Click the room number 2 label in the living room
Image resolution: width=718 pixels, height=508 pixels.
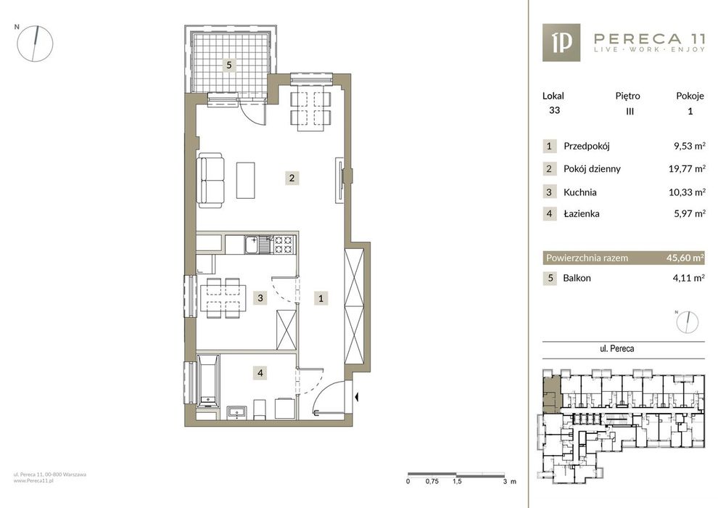click(x=292, y=178)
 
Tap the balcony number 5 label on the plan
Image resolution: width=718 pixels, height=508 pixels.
click(x=229, y=65)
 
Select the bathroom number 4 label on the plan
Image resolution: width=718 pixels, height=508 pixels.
click(x=260, y=373)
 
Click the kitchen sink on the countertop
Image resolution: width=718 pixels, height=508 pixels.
click(x=252, y=245)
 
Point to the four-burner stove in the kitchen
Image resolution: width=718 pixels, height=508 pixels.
click(x=284, y=245)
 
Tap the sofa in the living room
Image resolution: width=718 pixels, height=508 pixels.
click(x=210, y=181)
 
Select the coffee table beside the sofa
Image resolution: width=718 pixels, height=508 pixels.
click(x=245, y=180)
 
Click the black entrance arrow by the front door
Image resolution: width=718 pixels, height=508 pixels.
click(x=356, y=397)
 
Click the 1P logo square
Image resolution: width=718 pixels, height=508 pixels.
click(x=561, y=43)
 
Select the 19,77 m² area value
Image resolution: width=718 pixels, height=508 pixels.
click(x=686, y=168)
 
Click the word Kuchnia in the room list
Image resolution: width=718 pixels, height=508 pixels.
click(x=579, y=192)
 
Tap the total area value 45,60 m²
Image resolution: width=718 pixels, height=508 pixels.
click(x=685, y=258)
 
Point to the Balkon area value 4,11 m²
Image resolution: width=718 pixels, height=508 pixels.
click(x=689, y=278)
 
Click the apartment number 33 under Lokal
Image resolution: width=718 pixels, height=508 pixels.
click(x=554, y=110)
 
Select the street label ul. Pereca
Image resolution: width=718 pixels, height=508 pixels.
click(x=616, y=348)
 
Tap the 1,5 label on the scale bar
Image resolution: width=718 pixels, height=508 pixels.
click(x=456, y=481)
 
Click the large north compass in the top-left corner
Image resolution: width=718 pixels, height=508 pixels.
click(x=35, y=44)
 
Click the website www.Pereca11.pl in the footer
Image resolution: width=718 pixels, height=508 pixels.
click(x=33, y=481)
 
